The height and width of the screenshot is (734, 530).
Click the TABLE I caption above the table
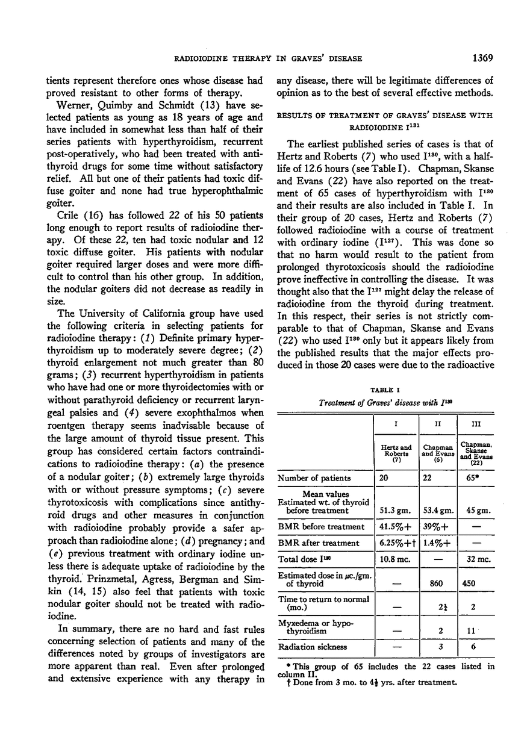tap(384, 390)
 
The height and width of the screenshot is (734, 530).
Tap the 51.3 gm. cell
tap(396, 511)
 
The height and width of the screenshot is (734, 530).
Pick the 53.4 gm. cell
tap(436, 511)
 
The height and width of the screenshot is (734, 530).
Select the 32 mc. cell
tap(476, 559)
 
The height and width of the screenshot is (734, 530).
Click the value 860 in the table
tap(435, 583)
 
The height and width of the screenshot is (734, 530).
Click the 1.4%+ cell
tap(435, 543)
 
